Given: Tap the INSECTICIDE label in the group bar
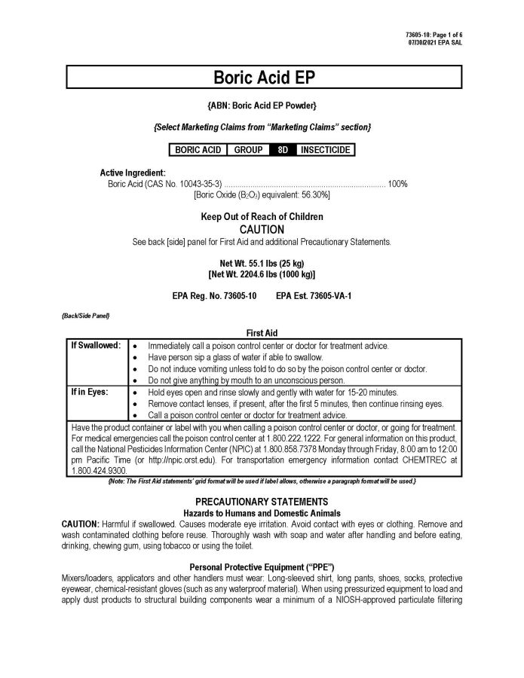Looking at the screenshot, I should point(325,150).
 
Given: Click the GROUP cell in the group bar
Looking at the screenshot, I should point(248,150).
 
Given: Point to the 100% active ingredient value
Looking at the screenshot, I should point(398,184).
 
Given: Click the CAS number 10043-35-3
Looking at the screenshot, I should point(195,184).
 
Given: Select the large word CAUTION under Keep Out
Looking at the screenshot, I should point(262,229).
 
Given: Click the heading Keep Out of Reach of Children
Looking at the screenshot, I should point(262,217).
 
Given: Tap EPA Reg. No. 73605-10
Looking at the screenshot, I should point(214,296).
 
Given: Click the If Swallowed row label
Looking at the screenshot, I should point(96,345).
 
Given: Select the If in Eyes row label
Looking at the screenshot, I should point(90,392).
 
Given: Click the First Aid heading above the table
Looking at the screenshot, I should point(262,331).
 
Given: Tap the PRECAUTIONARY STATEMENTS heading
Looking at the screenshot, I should point(262,501).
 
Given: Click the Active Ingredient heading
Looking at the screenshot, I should point(133,173).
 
